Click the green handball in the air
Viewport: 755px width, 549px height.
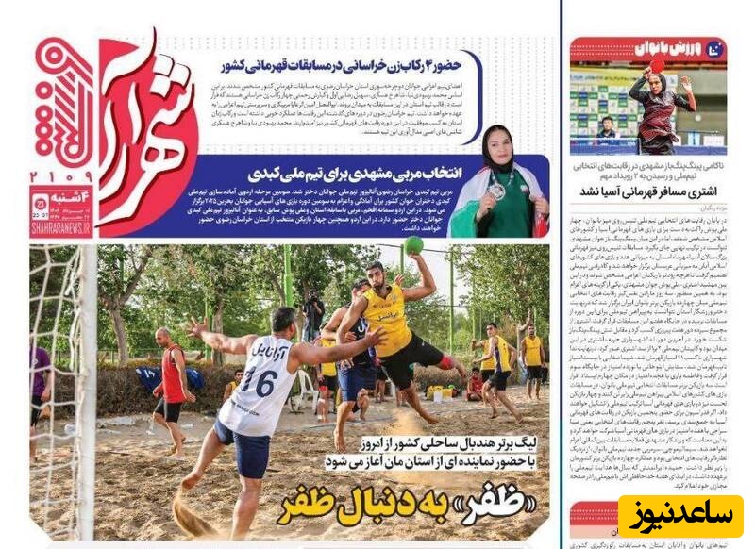coord(412,245)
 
